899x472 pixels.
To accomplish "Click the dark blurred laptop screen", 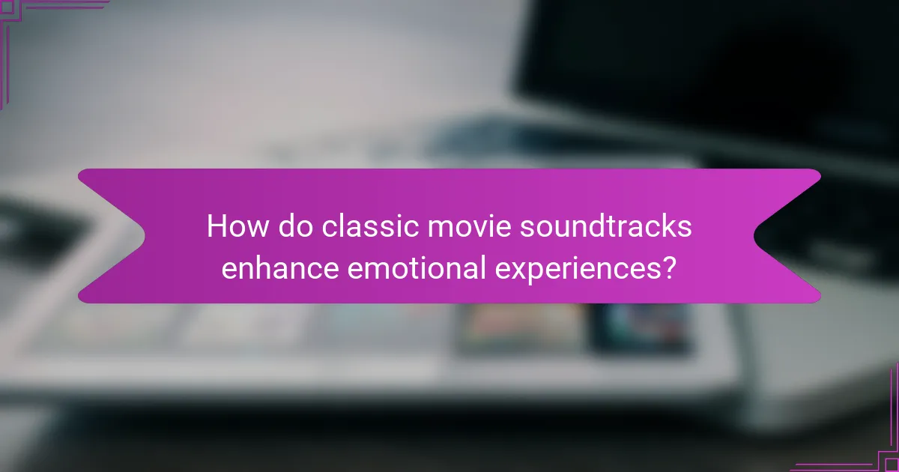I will click(x=712, y=67).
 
